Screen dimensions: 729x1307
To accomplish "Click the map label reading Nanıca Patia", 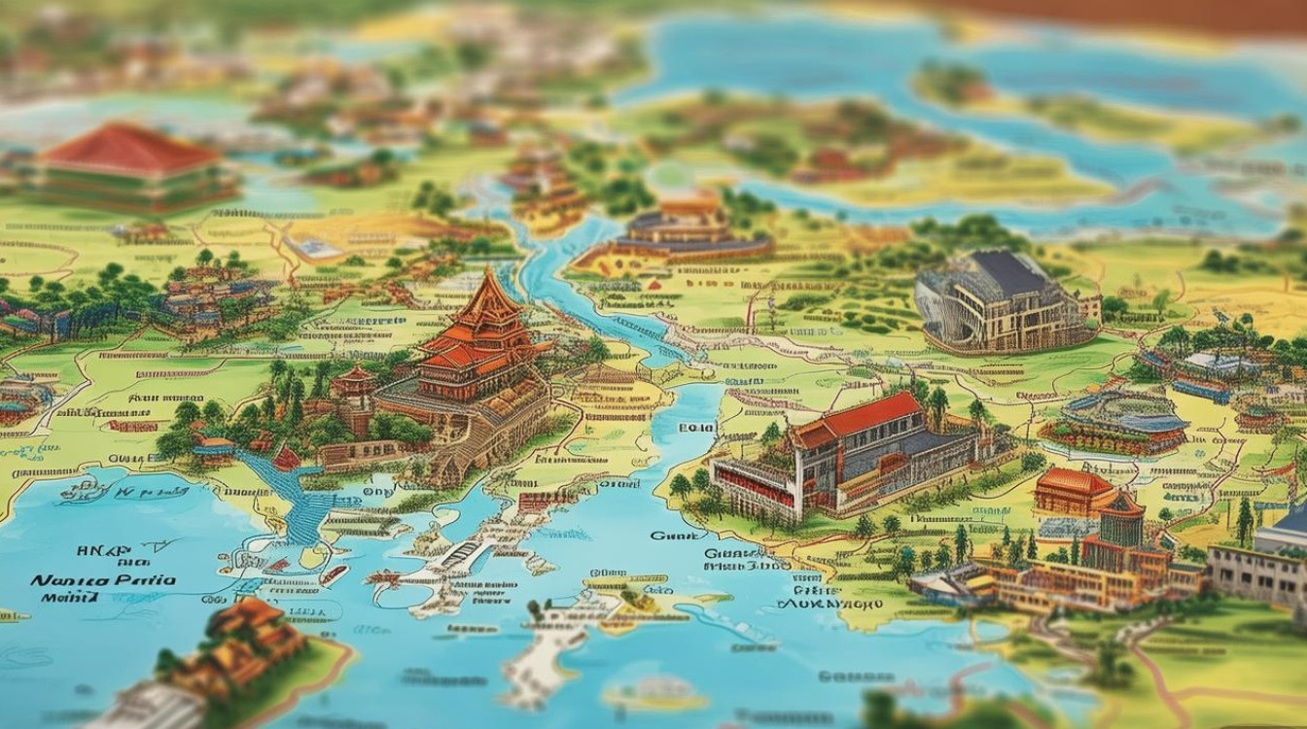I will [103, 580].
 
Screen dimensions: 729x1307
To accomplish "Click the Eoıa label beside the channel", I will [696, 427].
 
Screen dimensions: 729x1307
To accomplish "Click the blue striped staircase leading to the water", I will [292, 496].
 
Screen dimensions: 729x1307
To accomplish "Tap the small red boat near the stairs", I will [286, 457].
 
